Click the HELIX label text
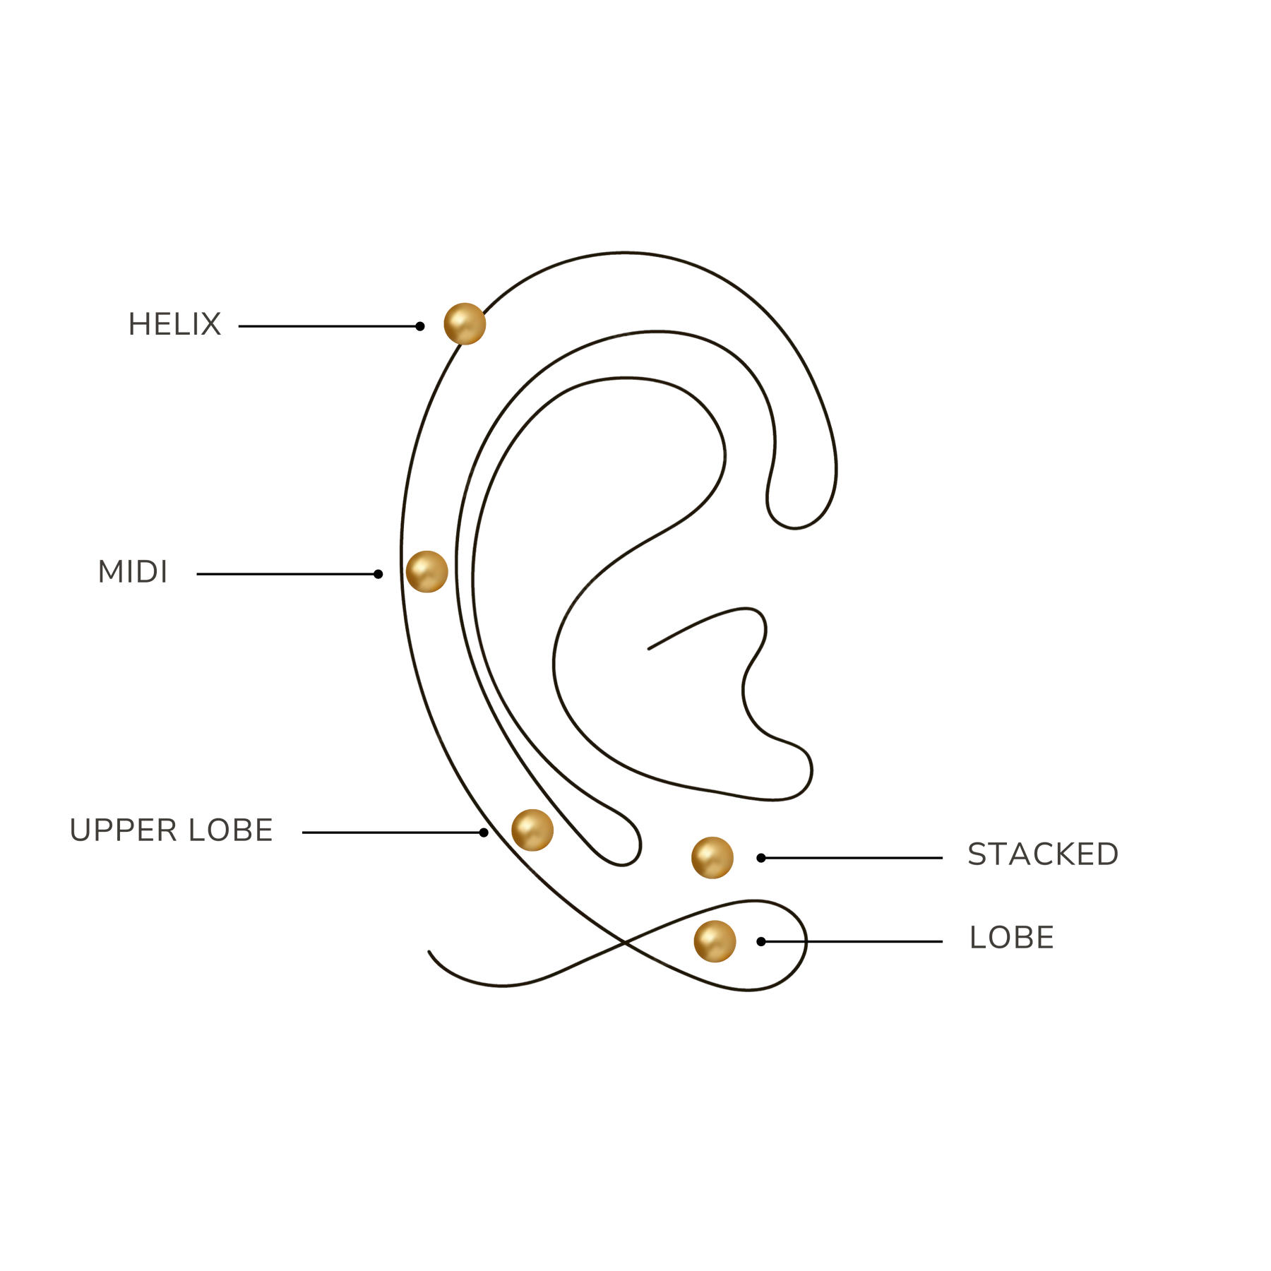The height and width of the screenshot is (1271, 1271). pyautogui.click(x=174, y=325)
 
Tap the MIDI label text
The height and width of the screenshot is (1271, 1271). pyautogui.click(x=133, y=573)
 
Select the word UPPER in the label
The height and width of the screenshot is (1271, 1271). pyautogui.click(x=123, y=830)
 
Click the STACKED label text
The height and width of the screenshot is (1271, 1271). pyautogui.click(x=1043, y=855)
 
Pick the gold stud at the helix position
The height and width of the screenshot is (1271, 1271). pyautogui.click(x=465, y=323)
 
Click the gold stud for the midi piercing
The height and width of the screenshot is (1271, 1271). pyautogui.click(x=426, y=571)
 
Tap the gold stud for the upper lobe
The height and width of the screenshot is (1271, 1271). pyautogui.click(x=532, y=830)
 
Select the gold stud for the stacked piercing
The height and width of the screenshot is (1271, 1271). pyautogui.click(x=712, y=857)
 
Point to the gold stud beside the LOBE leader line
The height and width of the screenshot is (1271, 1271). pyautogui.click(x=715, y=941)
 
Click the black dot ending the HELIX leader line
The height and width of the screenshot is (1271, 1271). pyautogui.click(x=420, y=326)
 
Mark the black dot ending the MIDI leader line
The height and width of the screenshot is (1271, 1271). pyautogui.click(x=378, y=574)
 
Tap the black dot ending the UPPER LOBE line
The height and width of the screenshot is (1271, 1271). pyautogui.click(x=484, y=833)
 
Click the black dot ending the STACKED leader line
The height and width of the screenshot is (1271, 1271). pyautogui.click(x=761, y=858)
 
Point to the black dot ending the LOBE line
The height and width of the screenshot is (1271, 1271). pyautogui.click(x=761, y=941)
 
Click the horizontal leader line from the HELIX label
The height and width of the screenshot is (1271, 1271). pyautogui.click(x=329, y=326)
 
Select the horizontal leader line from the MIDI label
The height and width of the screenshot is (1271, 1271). pyautogui.click(x=287, y=574)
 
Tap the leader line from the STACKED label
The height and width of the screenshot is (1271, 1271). pyautogui.click(x=852, y=858)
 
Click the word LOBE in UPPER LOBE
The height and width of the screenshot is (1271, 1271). pyautogui.click(x=230, y=830)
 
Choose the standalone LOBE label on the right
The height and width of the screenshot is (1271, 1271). pyautogui.click(x=1012, y=938)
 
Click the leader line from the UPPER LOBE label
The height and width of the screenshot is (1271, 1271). pyautogui.click(x=393, y=833)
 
